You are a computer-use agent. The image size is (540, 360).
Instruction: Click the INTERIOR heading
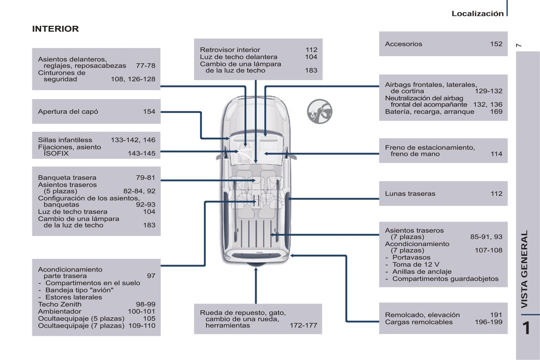coord(55,29)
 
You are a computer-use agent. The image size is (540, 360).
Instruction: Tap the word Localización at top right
coord(477,14)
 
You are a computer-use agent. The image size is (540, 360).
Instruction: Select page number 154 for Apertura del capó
coord(149,112)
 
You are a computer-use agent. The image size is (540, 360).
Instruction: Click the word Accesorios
coord(403,44)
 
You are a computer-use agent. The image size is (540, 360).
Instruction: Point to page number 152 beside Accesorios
coord(496,44)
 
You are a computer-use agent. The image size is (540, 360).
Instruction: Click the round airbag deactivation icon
coord(320,111)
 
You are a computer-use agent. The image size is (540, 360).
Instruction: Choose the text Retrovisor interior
coord(230,50)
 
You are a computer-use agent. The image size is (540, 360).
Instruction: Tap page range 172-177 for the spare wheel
coord(303,326)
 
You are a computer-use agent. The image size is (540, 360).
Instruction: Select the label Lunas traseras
coord(410,194)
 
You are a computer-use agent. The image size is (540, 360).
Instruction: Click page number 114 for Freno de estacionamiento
coord(496,154)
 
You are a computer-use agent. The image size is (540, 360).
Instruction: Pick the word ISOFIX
coord(56,153)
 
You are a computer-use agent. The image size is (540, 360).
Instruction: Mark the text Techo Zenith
coord(60,304)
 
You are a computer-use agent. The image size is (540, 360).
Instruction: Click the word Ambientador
coord(59,311)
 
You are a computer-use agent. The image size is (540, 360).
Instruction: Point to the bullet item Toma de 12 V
coord(416,264)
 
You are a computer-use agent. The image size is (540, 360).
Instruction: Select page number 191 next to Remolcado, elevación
coord(496,315)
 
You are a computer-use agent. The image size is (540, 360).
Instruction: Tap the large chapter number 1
coord(526,328)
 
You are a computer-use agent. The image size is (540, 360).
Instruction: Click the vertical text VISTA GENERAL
coord(525,269)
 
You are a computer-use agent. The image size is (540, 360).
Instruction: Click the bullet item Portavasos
coord(411,258)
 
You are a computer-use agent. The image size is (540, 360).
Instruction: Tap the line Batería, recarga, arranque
coord(429,112)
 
